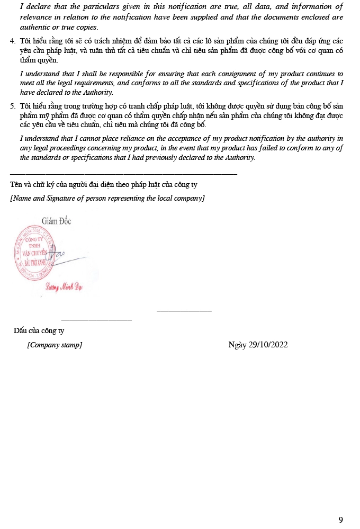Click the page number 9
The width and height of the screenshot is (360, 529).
pos(340,519)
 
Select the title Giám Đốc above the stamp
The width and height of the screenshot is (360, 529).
pos(56,221)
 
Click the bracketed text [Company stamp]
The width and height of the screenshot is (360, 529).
pos(55,345)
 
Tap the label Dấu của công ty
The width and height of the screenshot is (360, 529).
pos(39,331)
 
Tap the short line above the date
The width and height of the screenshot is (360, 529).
pos(184,311)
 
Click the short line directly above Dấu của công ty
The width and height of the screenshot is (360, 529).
pos(96,319)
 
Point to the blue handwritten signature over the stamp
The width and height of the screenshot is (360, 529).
pos(57,256)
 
